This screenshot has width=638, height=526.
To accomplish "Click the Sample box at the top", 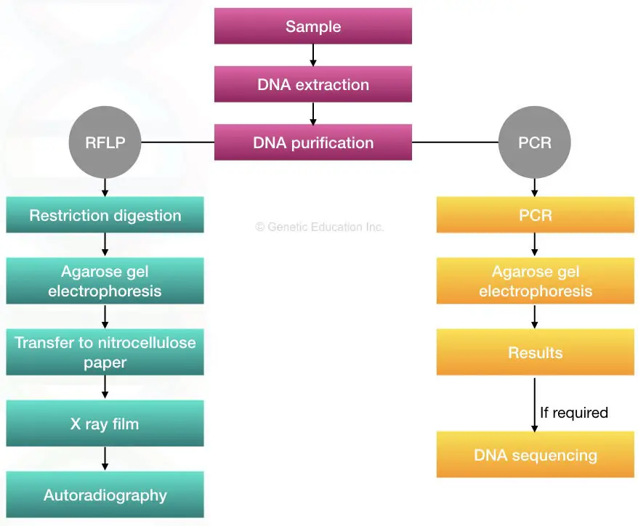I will [x=312, y=27].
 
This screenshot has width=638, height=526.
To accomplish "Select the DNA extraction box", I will [x=312, y=84].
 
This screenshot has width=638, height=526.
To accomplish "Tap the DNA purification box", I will [x=312, y=142].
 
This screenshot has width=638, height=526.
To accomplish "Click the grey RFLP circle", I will [x=105, y=142].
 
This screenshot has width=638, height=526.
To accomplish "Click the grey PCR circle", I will [x=535, y=142].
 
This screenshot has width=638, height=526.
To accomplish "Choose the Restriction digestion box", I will [x=105, y=216].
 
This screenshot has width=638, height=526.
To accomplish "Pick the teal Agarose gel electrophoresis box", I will [x=105, y=281].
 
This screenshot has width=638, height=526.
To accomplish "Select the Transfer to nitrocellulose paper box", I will [x=105, y=352].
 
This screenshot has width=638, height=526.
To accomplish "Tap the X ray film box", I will [x=105, y=424].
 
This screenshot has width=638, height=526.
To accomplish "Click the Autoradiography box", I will [x=105, y=495].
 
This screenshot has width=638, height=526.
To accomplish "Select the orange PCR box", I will [x=535, y=216].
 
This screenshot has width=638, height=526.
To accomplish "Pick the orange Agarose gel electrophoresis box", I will [x=535, y=281].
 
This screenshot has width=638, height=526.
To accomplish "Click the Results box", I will [x=535, y=353].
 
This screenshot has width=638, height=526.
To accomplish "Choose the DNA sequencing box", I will [x=535, y=456].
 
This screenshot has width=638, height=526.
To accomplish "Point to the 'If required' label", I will [x=573, y=413].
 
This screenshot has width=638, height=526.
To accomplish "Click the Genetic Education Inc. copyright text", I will [x=319, y=227].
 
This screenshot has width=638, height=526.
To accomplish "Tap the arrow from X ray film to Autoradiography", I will [x=105, y=458].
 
